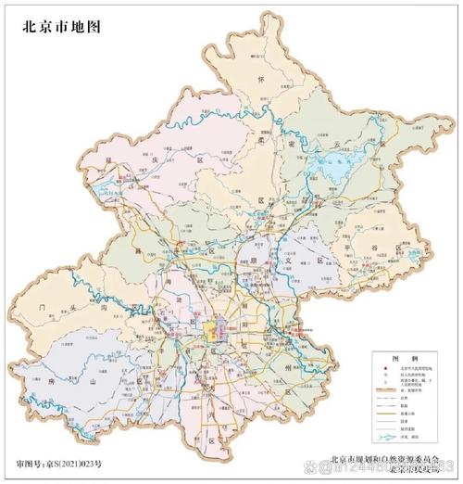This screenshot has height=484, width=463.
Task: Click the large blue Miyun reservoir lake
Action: [x=326, y=168]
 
